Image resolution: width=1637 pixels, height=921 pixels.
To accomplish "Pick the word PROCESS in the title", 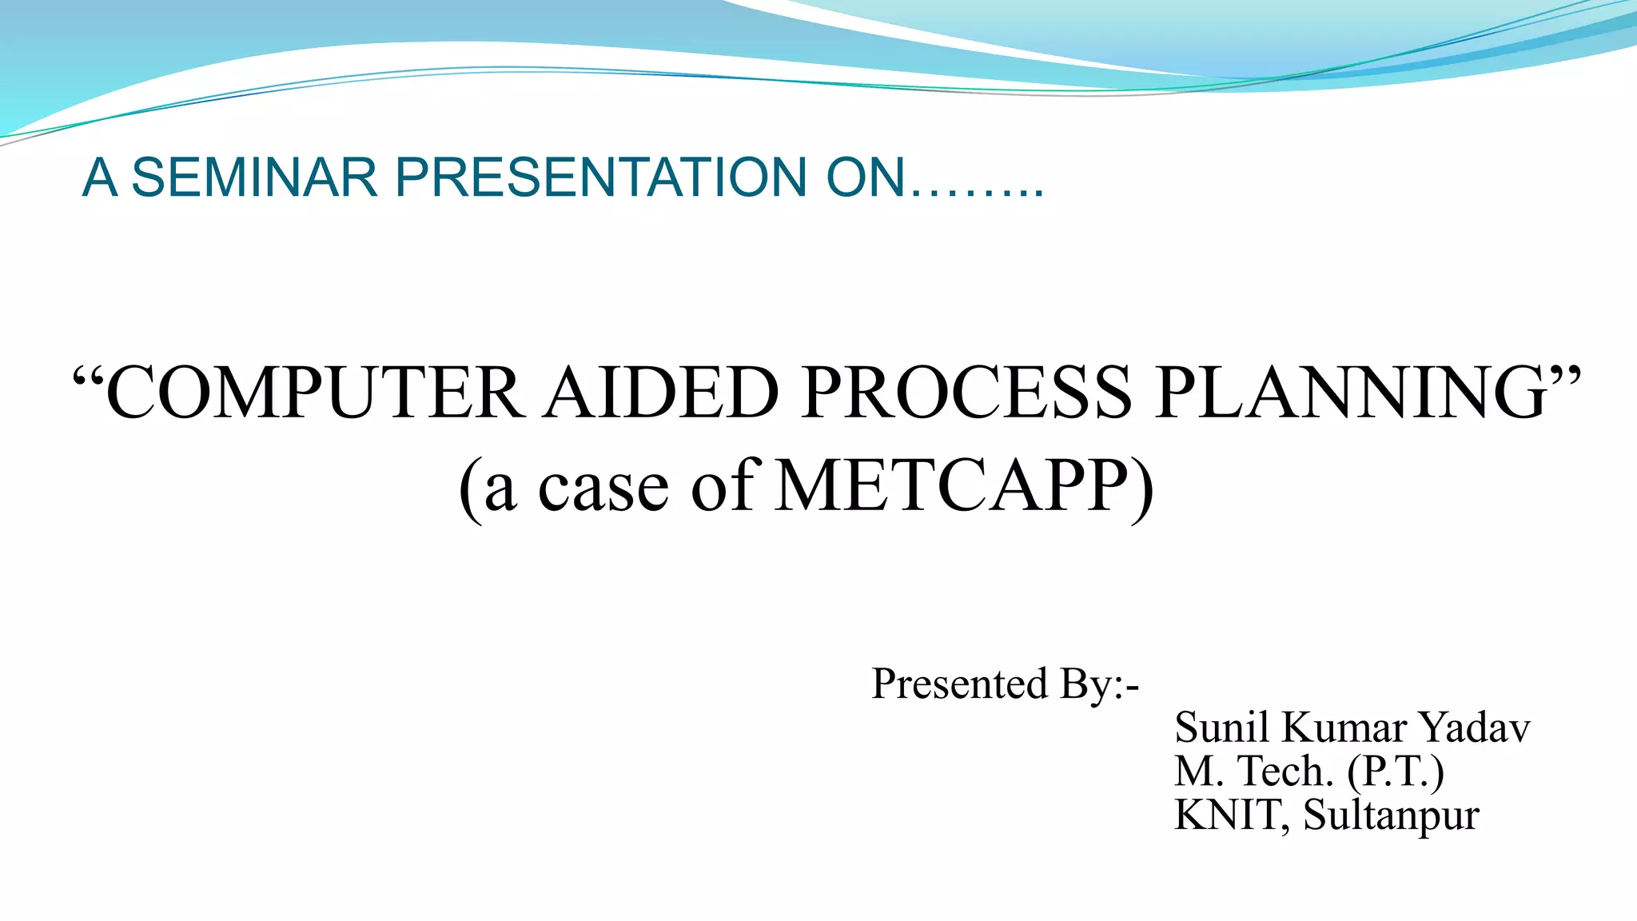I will point(967,393).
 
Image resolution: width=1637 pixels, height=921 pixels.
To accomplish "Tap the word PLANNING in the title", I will point(1351,393).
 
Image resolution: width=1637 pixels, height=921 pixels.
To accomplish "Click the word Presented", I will point(959,684).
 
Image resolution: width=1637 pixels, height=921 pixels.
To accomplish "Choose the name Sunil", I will point(1222,728).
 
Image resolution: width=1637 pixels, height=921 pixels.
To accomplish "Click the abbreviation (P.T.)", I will point(1396,772).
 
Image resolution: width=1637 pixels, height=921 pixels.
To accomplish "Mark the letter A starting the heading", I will point(100,177).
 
